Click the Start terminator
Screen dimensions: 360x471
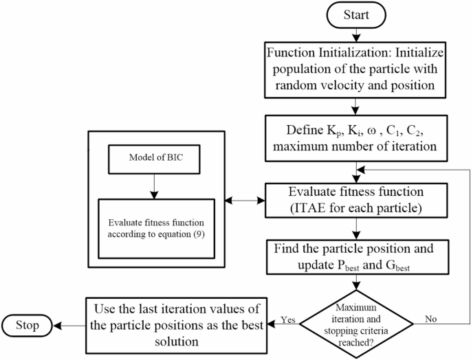point(355,15)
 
